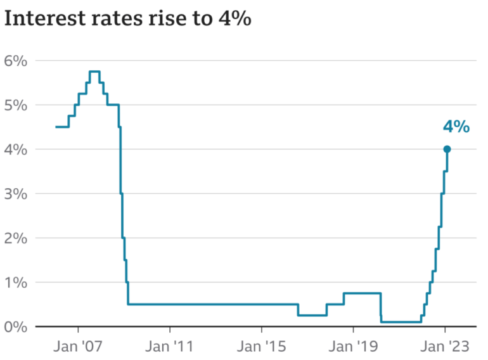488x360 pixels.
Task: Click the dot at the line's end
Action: (x=447, y=149)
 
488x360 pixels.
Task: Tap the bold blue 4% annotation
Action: (x=456, y=127)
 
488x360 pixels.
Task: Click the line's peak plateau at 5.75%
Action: (x=94, y=72)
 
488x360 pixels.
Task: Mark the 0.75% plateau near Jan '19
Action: (x=362, y=293)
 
